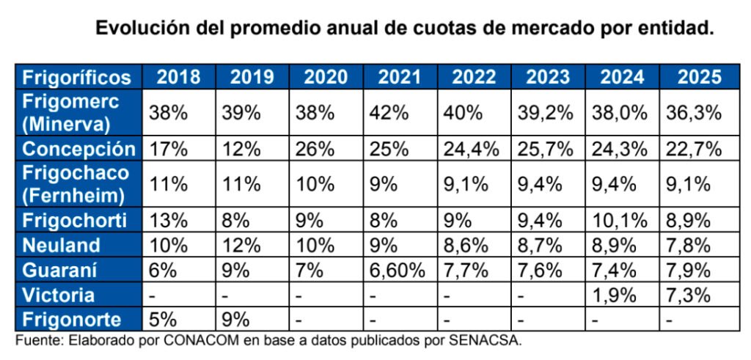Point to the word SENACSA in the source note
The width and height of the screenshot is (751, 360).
coord(488,340)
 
